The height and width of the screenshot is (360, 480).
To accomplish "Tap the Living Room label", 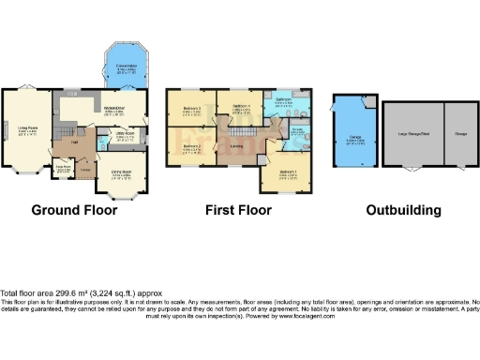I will [26, 130].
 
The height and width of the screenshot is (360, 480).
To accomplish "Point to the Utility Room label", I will [124, 135].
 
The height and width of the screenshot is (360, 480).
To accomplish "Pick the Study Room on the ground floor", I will [63, 169].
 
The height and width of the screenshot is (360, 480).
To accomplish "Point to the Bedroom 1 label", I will [289, 172].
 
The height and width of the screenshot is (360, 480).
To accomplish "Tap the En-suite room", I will [294, 132].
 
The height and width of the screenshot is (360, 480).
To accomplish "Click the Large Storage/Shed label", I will [412, 134].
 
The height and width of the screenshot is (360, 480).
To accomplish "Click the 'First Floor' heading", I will [240, 210].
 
